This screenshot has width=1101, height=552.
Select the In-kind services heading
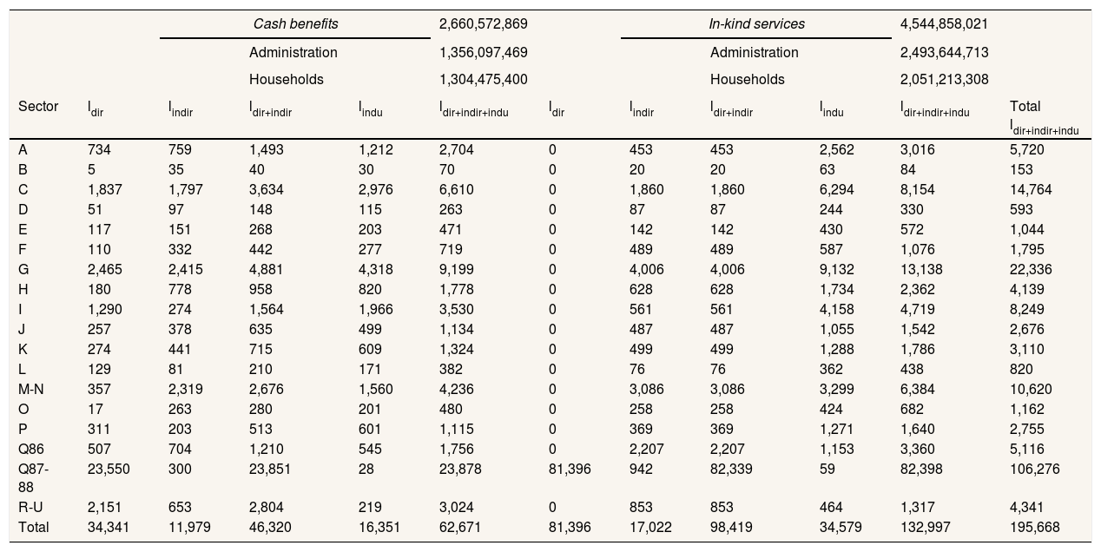pos(756,24)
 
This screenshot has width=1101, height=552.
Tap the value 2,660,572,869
pos(484,24)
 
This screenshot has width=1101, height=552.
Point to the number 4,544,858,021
pos(945,24)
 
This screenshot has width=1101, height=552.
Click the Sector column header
pos(38,107)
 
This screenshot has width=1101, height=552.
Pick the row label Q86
pos(30,449)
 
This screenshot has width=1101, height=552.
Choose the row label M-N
pos(31,389)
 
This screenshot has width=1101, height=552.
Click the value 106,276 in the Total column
pos(1033,469)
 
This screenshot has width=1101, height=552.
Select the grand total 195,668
pos(1033,527)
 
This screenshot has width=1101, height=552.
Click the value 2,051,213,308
pos(945,79)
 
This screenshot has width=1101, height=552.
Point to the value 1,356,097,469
pos(484,52)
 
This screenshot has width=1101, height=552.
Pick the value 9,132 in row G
pos(836,269)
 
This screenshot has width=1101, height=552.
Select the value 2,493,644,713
pos(945,52)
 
